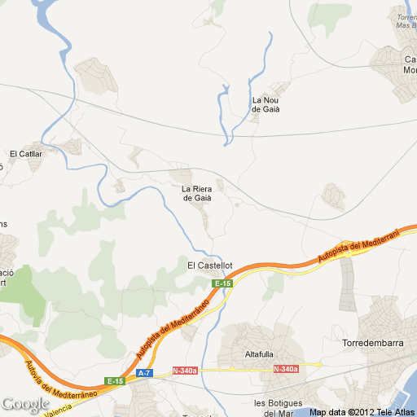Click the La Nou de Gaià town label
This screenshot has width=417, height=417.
coord(266,105)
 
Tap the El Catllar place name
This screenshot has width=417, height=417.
coord(25,153)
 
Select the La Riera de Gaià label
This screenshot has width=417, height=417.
coord(197,194)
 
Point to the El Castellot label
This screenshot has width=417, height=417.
coord(210,266)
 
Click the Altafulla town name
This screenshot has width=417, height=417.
coord(260,354)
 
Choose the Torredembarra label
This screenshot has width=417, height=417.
coord(373,343)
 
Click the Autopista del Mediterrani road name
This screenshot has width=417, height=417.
coord(359,246)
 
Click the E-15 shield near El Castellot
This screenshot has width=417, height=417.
coord(222,283)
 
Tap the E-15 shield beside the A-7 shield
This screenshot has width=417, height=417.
coord(114,381)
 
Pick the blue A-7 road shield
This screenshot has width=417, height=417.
coord(144,373)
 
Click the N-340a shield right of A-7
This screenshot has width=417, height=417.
coord(185,371)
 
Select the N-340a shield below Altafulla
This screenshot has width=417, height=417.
coord(286,370)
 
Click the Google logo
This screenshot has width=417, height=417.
coord(25,404)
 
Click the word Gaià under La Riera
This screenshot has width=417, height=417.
coord(197,199)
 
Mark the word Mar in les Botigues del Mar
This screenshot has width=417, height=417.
coord(285,413)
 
